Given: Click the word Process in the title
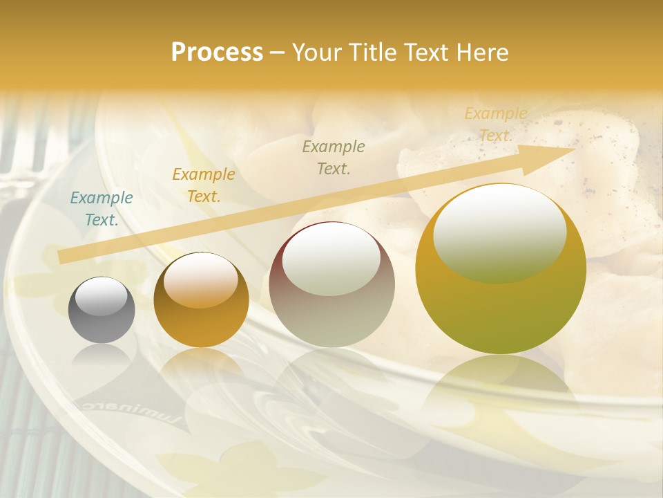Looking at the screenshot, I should point(217,53).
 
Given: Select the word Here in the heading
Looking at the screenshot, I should point(483,53).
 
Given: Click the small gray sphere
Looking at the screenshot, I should point(102,310).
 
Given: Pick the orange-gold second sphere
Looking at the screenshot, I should point(201,300).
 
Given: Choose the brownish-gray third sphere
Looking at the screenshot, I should point(331,284).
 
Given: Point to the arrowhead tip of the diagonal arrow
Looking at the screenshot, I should point(574,149).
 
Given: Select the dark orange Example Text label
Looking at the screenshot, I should point(204,185).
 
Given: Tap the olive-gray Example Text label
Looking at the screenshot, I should point(334,157).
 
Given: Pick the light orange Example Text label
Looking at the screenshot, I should point(496,124).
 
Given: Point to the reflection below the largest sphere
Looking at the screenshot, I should point(501,394).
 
